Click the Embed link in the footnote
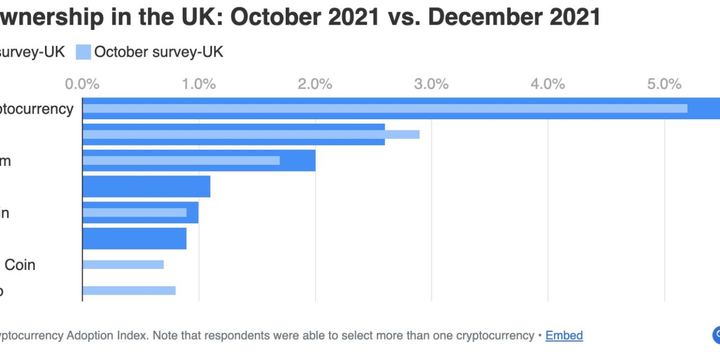(x=564, y=336)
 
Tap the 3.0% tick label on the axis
(x=431, y=84)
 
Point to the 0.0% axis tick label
(x=82, y=84)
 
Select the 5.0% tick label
(x=664, y=84)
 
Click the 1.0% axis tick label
(x=199, y=84)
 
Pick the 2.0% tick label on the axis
(x=315, y=84)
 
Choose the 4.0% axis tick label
(x=548, y=84)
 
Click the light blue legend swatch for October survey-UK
(x=83, y=52)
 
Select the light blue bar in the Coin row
(x=123, y=264)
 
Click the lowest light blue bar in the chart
(x=129, y=290)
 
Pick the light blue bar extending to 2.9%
(x=251, y=134)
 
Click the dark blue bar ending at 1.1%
(x=146, y=186)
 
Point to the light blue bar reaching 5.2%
(x=385, y=108)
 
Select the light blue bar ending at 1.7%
(x=181, y=160)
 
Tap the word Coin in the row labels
(x=20, y=264)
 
